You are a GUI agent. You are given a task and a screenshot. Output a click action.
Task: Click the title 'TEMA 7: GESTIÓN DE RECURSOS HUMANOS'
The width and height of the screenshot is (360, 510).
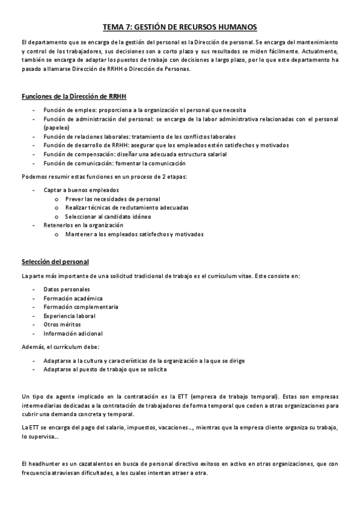click(x=180, y=27)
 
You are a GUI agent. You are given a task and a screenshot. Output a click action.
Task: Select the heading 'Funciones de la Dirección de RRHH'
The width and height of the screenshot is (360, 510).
click(x=73, y=97)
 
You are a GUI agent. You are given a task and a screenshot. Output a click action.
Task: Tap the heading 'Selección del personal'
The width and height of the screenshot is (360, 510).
click(x=55, y=262)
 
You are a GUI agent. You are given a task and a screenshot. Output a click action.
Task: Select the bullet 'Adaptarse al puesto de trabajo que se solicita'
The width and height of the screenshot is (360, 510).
click(x=105, y=369)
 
